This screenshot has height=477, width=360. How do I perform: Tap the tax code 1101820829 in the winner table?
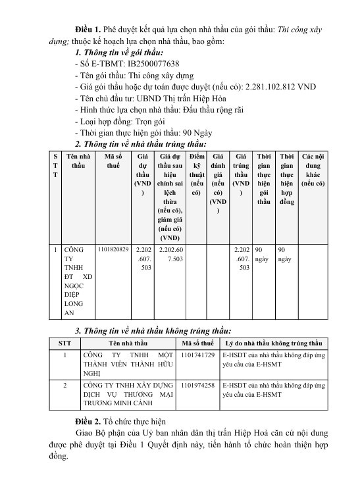(x=113, y=250)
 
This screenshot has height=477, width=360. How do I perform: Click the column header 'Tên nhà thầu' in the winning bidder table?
(x=78, y=161)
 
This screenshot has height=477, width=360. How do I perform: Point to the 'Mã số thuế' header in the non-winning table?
(x=198, y=343)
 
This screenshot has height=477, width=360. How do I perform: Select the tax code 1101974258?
(x=198, y=384)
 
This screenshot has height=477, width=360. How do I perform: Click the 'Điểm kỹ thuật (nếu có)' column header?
(x=197, y=175)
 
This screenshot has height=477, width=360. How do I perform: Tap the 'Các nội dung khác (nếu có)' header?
(x=313, y=170)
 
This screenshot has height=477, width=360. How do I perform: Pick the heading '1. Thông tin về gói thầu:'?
(x=119, y=53)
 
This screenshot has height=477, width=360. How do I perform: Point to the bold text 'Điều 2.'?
(x=90, y=420)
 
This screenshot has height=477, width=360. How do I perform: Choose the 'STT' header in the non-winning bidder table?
(x=64, y=343)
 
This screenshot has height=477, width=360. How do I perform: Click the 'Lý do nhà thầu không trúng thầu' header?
(x=273, y=343)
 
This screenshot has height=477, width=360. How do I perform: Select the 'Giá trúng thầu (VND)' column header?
(x=241, y=175)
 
